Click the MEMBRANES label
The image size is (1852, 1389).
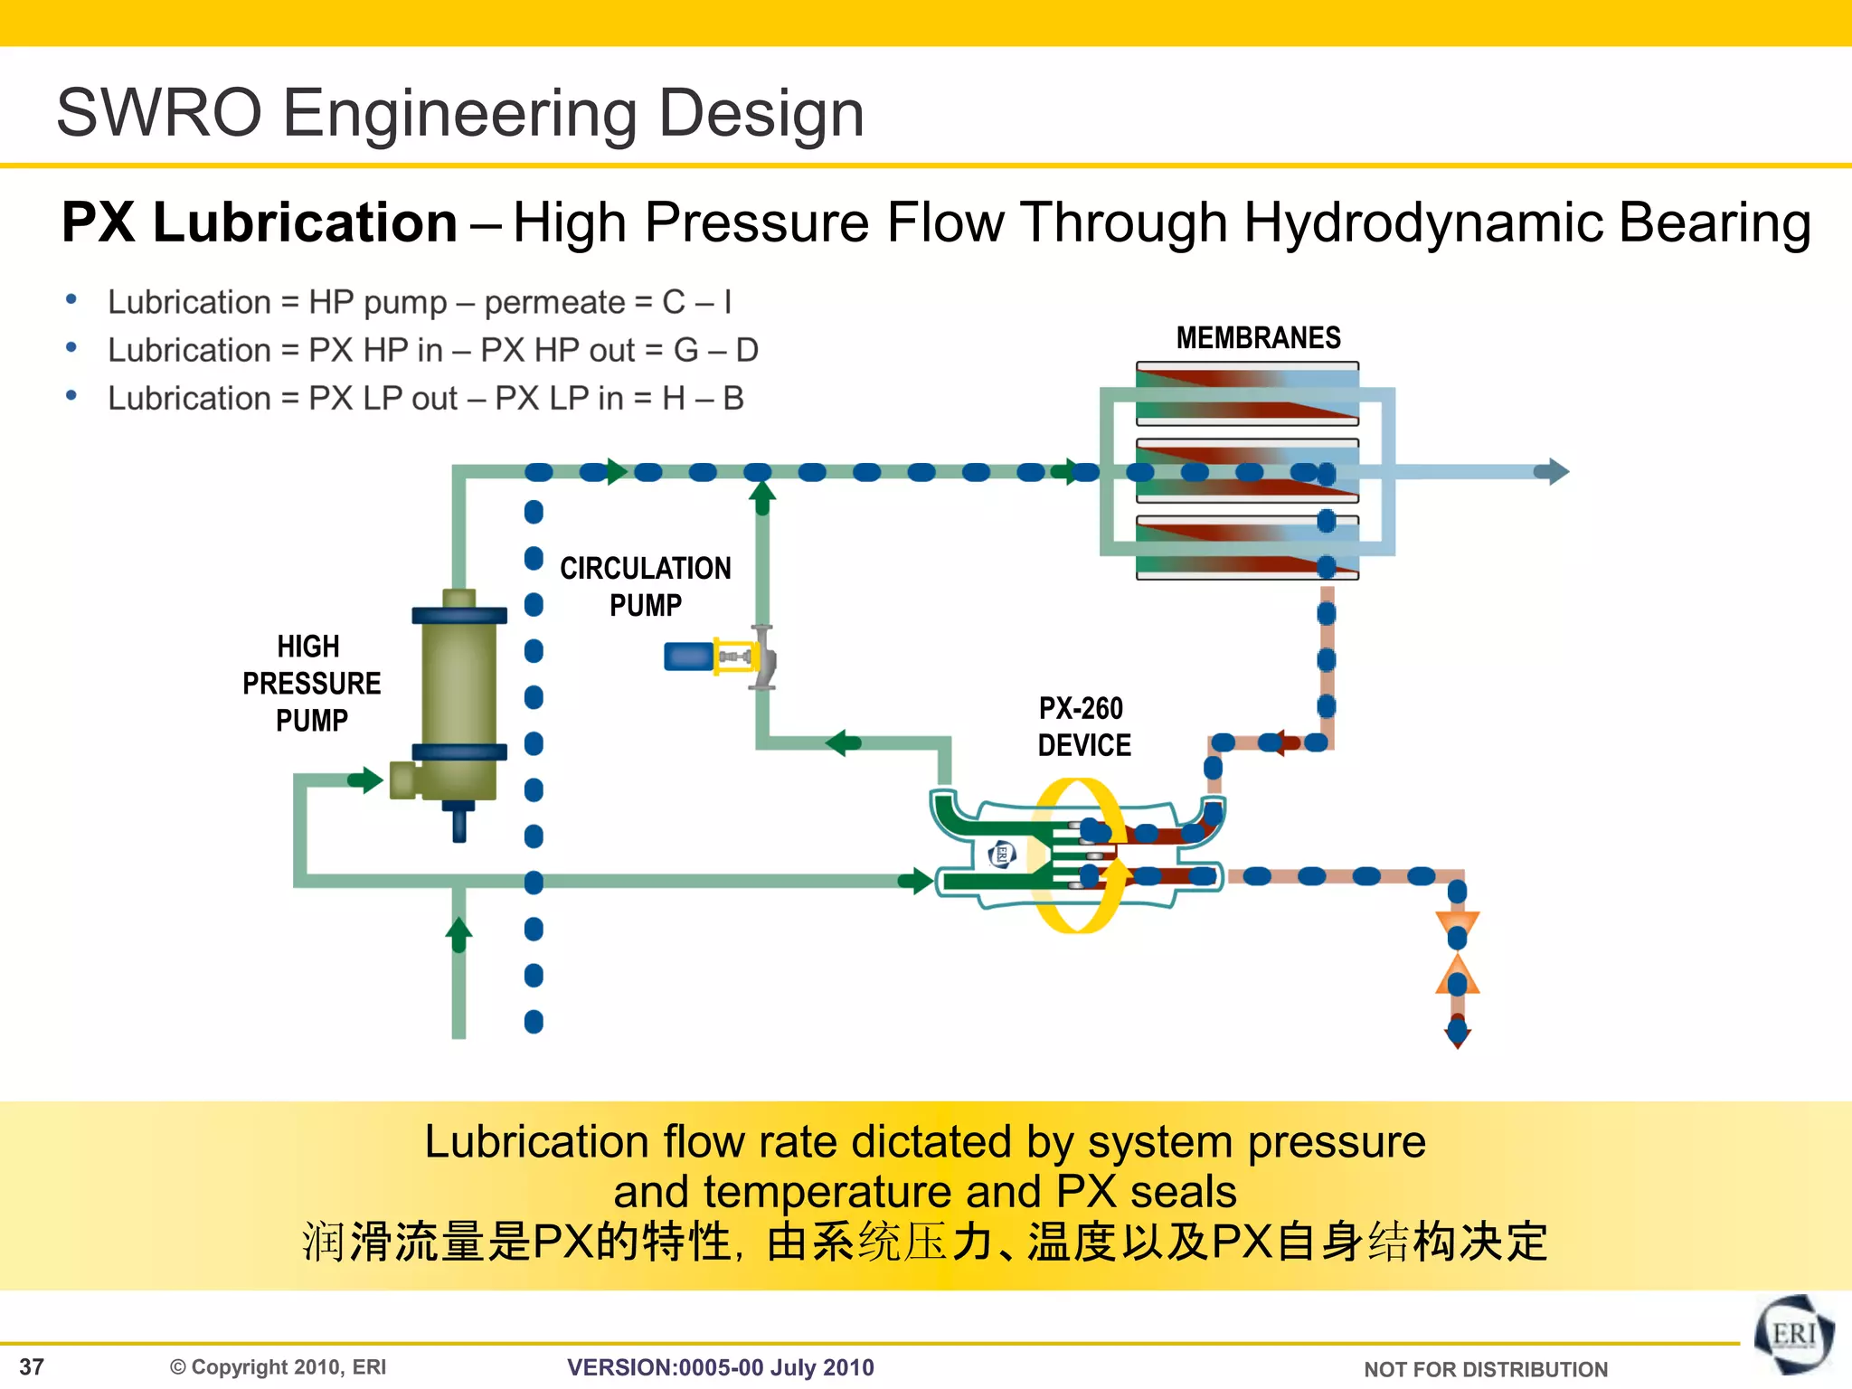[x=1258, y=338]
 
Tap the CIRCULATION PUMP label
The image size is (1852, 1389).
[x=645, y=586]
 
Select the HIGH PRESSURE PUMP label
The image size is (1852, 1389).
[x=310, y=683]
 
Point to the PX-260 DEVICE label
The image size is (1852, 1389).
[x=1083, y=726]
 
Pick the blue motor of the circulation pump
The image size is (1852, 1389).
[x=688, y=657]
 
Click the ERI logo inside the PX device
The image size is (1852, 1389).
[x=1002, y=854]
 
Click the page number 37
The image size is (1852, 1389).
[x=32, y=1366]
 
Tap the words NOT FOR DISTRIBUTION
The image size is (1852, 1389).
[x=1485, y=1369]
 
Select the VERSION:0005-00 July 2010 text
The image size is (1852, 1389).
[x=720, y=1367]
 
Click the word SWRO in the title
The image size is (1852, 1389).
[x=158, y=114]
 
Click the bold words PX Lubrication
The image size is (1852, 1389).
[x=260, y=222]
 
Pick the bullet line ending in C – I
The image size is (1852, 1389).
[x=419, y=302]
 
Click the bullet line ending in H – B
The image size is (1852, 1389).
[x=425, y=398]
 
